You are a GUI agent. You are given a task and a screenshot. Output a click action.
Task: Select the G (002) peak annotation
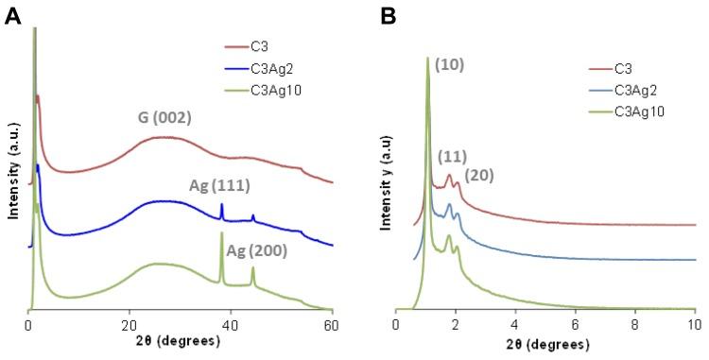click(160, 119)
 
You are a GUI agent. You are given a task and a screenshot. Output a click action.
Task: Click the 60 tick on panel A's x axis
click(332, 326)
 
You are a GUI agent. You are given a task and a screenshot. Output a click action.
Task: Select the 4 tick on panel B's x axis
click(515, 326)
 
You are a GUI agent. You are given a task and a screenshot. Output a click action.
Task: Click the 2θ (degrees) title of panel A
click(180, 345)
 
